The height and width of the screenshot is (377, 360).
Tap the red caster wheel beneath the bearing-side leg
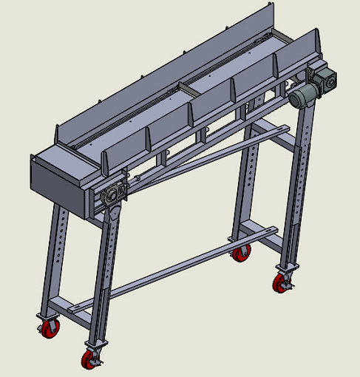click(91, 360)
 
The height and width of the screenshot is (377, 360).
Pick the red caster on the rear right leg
click(240, 254)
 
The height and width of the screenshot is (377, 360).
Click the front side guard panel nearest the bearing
click(125, 152)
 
